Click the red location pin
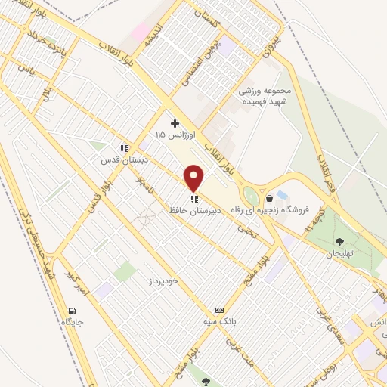(x=194, y=178)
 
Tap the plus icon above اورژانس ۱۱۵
(x=175, y=122)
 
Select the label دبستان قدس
(x=121, y=160)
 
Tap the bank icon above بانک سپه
(x=220, y=310)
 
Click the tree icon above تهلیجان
(x=339, y=242)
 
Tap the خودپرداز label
(x=163, y=280)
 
